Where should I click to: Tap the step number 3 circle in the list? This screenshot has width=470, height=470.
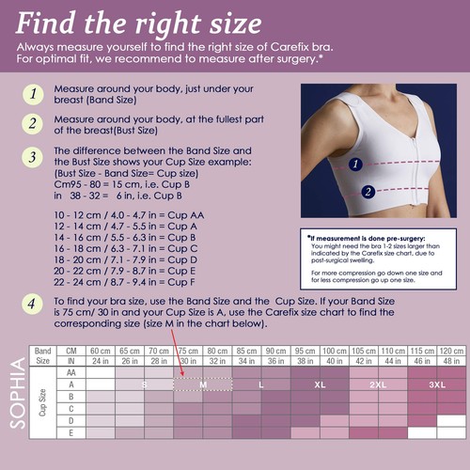click(33, 156)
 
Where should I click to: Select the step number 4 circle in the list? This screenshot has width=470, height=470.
click(33, 304)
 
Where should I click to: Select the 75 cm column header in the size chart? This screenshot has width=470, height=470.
click(188, 351)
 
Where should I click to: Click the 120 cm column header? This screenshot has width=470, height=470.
click(451, 351)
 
